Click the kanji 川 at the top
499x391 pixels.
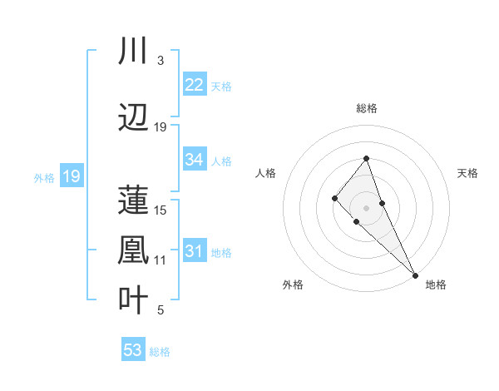pos(134,52)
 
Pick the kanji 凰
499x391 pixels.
pos(134,250)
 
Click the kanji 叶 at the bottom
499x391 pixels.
pos(134,300)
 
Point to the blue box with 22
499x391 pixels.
pos(195,84)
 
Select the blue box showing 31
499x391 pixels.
pos(195,251)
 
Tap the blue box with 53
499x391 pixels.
pos(133,350)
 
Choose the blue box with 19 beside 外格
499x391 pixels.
pos(71,176)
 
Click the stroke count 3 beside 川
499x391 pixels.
pos(160,62)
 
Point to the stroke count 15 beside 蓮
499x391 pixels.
pos(161,210)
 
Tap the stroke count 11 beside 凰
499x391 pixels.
pos(161,260)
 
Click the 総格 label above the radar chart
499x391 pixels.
pos(367,109)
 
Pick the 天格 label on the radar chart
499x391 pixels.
pos(467,173)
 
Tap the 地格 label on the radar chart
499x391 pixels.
pos(436,285)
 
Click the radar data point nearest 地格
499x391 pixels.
pos(415,275)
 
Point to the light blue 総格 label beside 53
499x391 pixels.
pos(161,352)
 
